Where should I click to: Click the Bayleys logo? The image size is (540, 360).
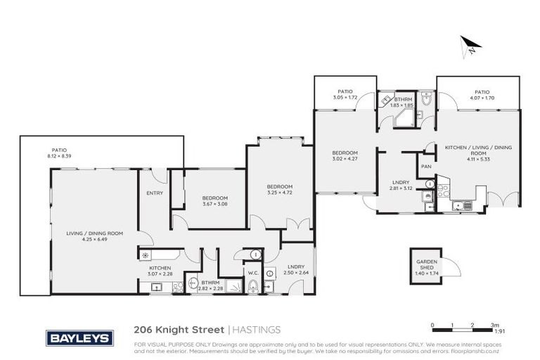pos(79,338)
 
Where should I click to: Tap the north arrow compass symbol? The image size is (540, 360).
pos(469,46)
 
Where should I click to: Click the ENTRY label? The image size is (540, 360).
pos(155,193)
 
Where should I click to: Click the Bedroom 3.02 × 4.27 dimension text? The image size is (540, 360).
pos(345,158)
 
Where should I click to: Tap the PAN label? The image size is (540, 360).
pos(425,166)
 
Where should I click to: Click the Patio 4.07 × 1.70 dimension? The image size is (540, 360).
pos(481,97)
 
